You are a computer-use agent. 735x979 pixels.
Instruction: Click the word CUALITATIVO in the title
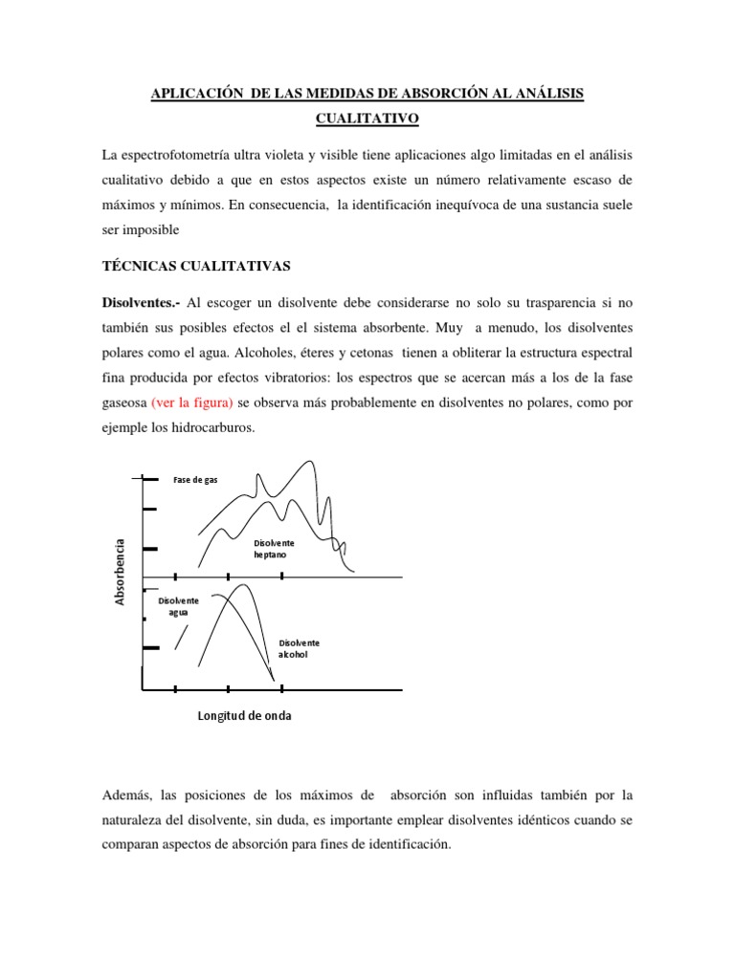click(x=367, y=120)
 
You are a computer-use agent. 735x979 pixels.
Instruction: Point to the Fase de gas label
click(x=196, y=479)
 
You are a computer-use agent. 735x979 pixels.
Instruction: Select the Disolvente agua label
click(x=179, y=605)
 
